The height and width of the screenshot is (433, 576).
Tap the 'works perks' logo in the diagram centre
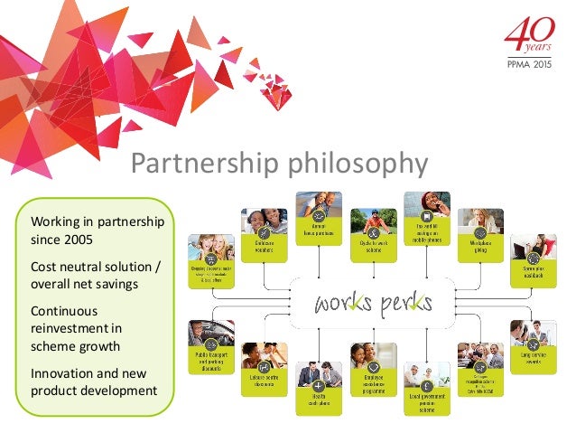[x=373, y=302]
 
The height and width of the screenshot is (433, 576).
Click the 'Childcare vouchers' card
[x=264, y=236]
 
